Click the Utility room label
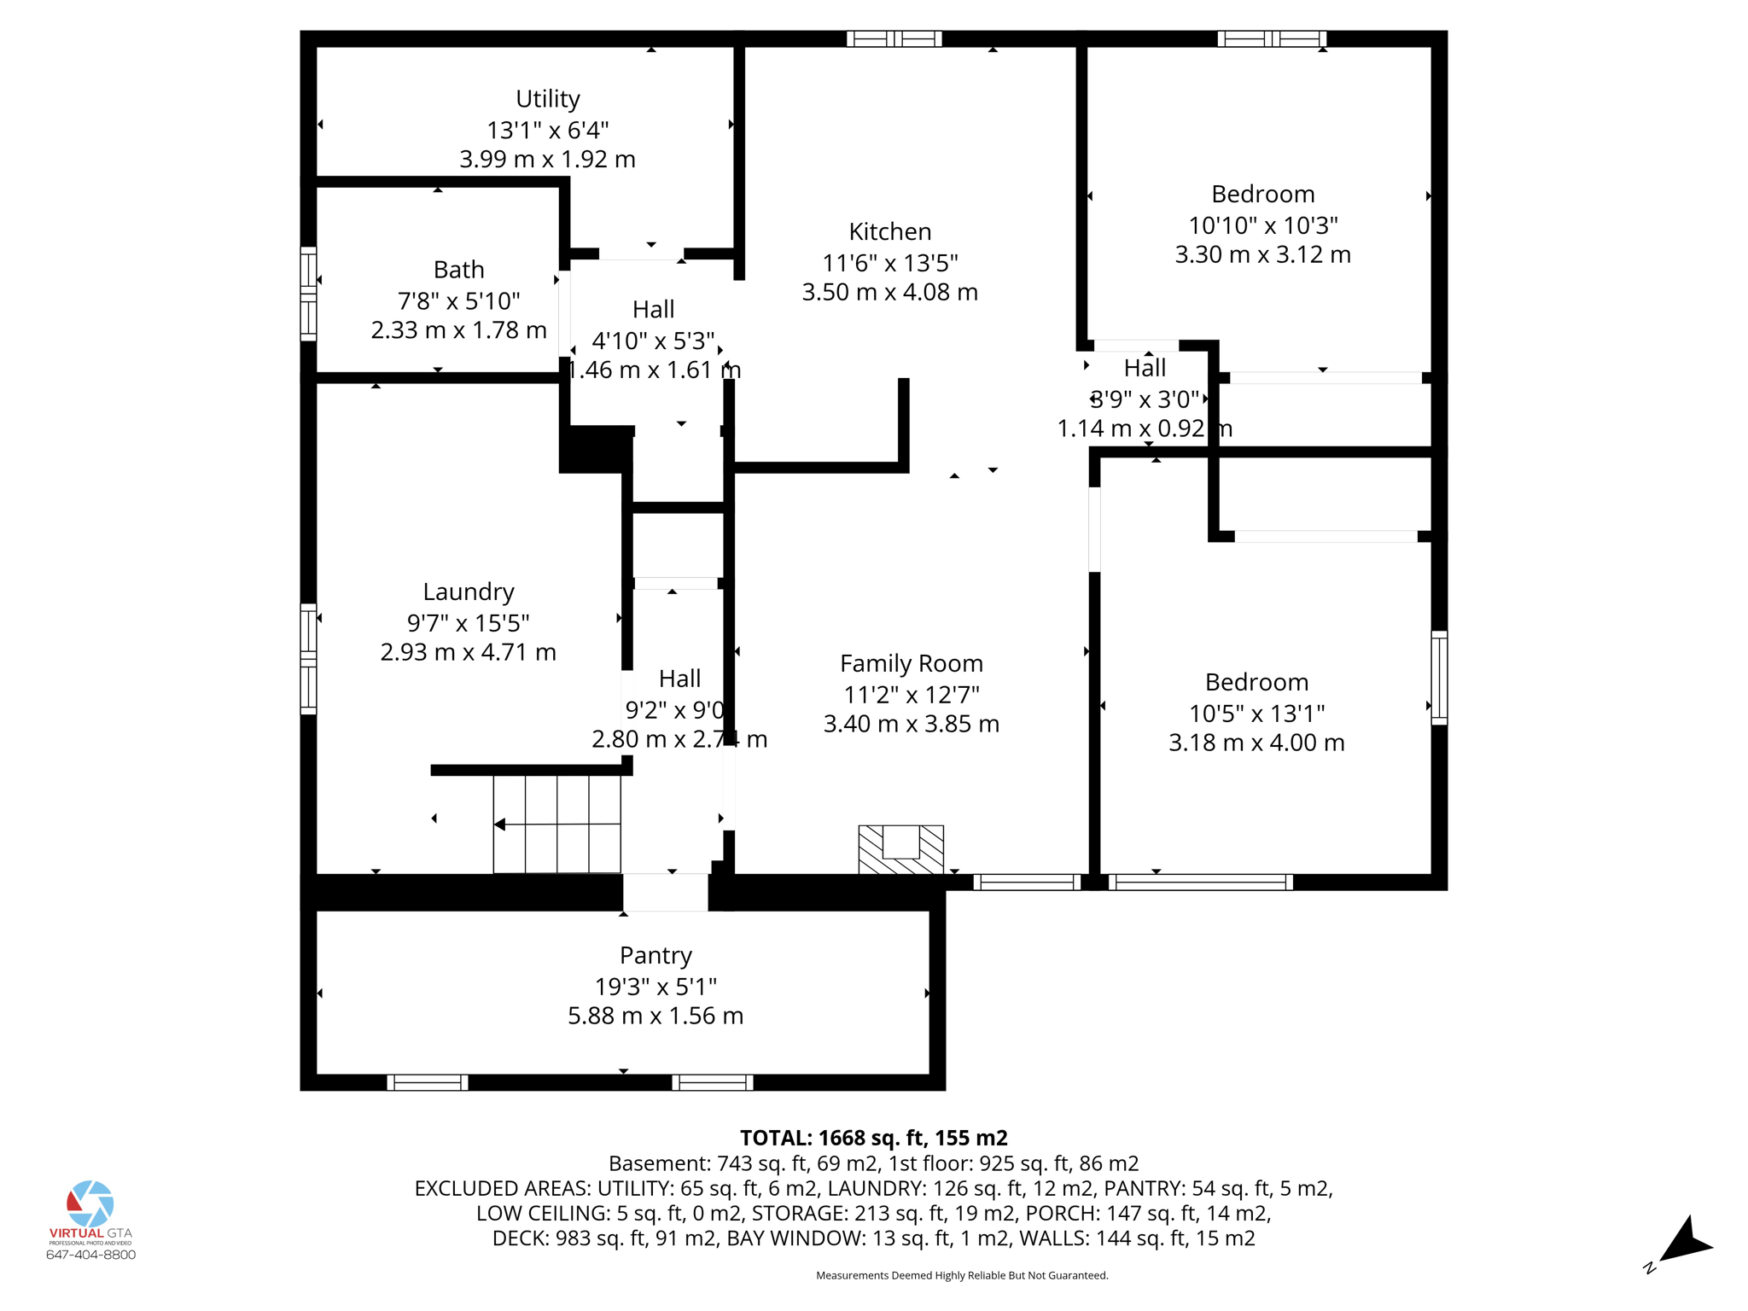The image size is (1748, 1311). click(547, 99)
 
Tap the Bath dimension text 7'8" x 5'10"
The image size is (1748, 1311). click(458, 300)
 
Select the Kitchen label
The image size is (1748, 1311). click(889, 231)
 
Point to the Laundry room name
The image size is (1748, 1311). click(469, 591)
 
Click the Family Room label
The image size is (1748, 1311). click(911, 663)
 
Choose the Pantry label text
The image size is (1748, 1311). click(655, 955)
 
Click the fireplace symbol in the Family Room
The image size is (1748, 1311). click(900, 848)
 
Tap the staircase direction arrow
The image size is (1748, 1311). click(500, 824)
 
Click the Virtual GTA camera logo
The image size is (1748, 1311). click(90, 1203)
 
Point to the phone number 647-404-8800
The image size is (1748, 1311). click(90, 1255)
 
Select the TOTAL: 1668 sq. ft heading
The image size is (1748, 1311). click(873, 1138)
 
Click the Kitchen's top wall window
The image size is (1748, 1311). click(894, 38)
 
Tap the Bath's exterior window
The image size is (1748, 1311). click(308, 294)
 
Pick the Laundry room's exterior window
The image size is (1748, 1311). click(308, 658)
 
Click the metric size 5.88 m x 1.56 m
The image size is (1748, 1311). click(655, 1016)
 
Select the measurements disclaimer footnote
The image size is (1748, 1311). click(962, 1275)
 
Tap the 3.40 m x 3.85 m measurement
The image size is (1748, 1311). click(911, 724)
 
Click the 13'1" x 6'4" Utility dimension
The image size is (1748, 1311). click(547, 130)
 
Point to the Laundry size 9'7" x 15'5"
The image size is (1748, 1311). click(469, 622)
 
